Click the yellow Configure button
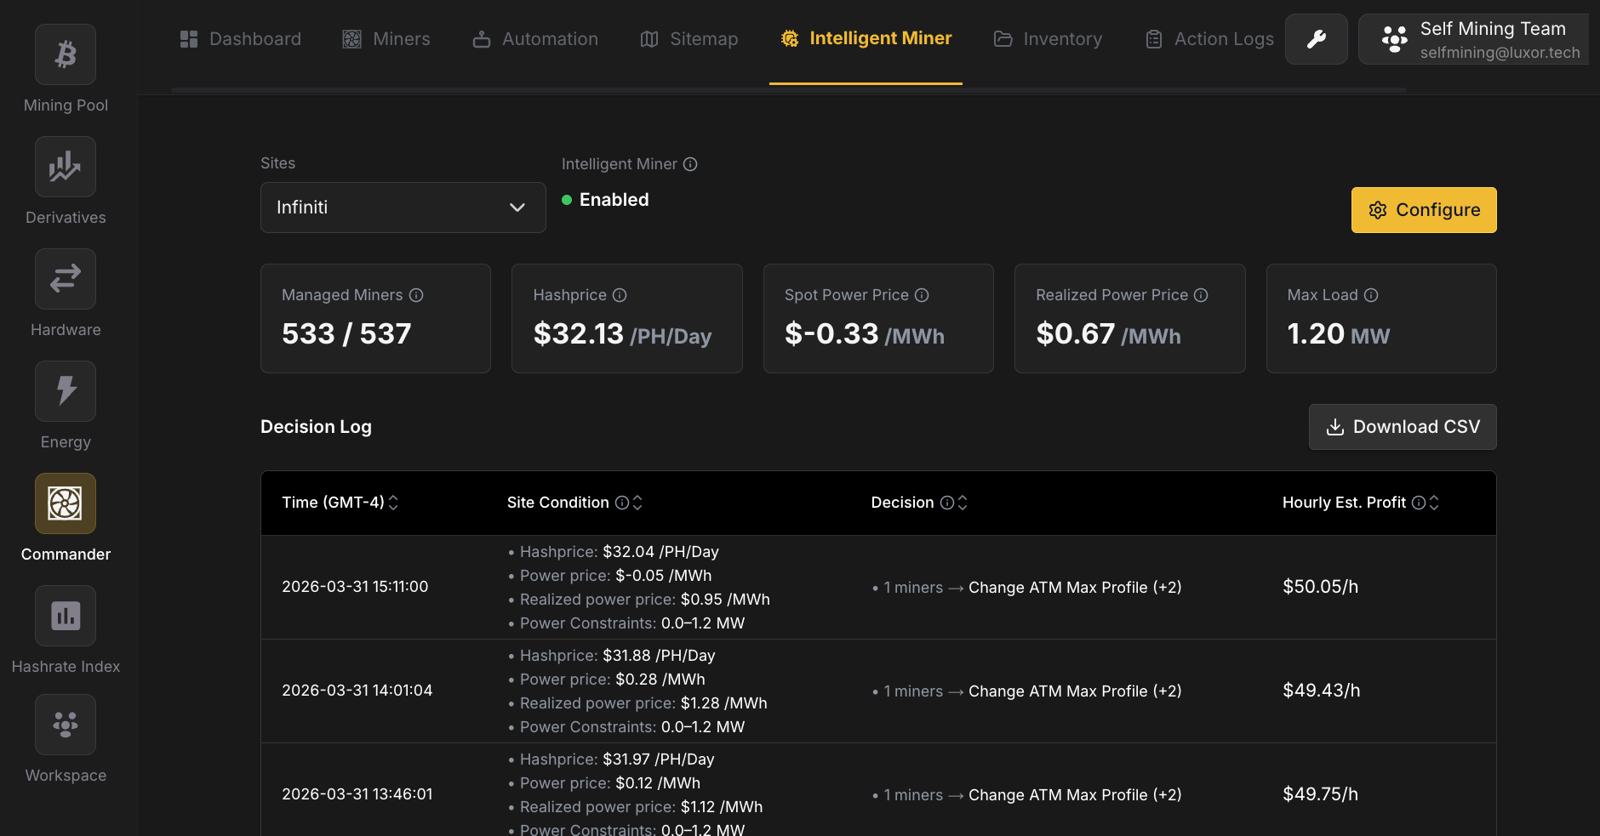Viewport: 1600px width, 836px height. point(1423,210)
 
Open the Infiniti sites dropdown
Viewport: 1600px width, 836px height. point(403,208)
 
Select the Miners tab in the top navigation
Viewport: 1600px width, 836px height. point(386,39)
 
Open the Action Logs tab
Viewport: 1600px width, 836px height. point(1209,39)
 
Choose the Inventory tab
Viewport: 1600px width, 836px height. point(1048,39)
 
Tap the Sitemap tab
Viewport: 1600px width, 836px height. point(689,39)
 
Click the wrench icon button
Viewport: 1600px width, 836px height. point(1316,39)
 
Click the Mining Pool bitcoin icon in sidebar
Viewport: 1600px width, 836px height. point(66,55)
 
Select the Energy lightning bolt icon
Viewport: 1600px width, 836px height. point(66,391)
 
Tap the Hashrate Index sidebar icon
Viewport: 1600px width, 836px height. point(66,616)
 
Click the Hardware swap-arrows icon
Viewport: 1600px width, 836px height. point(66,279)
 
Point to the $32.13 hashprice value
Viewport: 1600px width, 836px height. point(579,334)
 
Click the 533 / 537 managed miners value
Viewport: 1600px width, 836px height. point(346,334)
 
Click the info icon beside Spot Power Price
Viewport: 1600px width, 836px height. point(922,295)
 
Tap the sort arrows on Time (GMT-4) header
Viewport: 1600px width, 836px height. point(393,503)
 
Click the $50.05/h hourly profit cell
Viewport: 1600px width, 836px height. point(1320,587)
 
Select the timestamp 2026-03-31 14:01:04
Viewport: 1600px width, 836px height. point(357,691)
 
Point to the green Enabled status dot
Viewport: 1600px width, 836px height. point(567,200)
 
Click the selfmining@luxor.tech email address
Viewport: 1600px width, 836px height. point(1500,53)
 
